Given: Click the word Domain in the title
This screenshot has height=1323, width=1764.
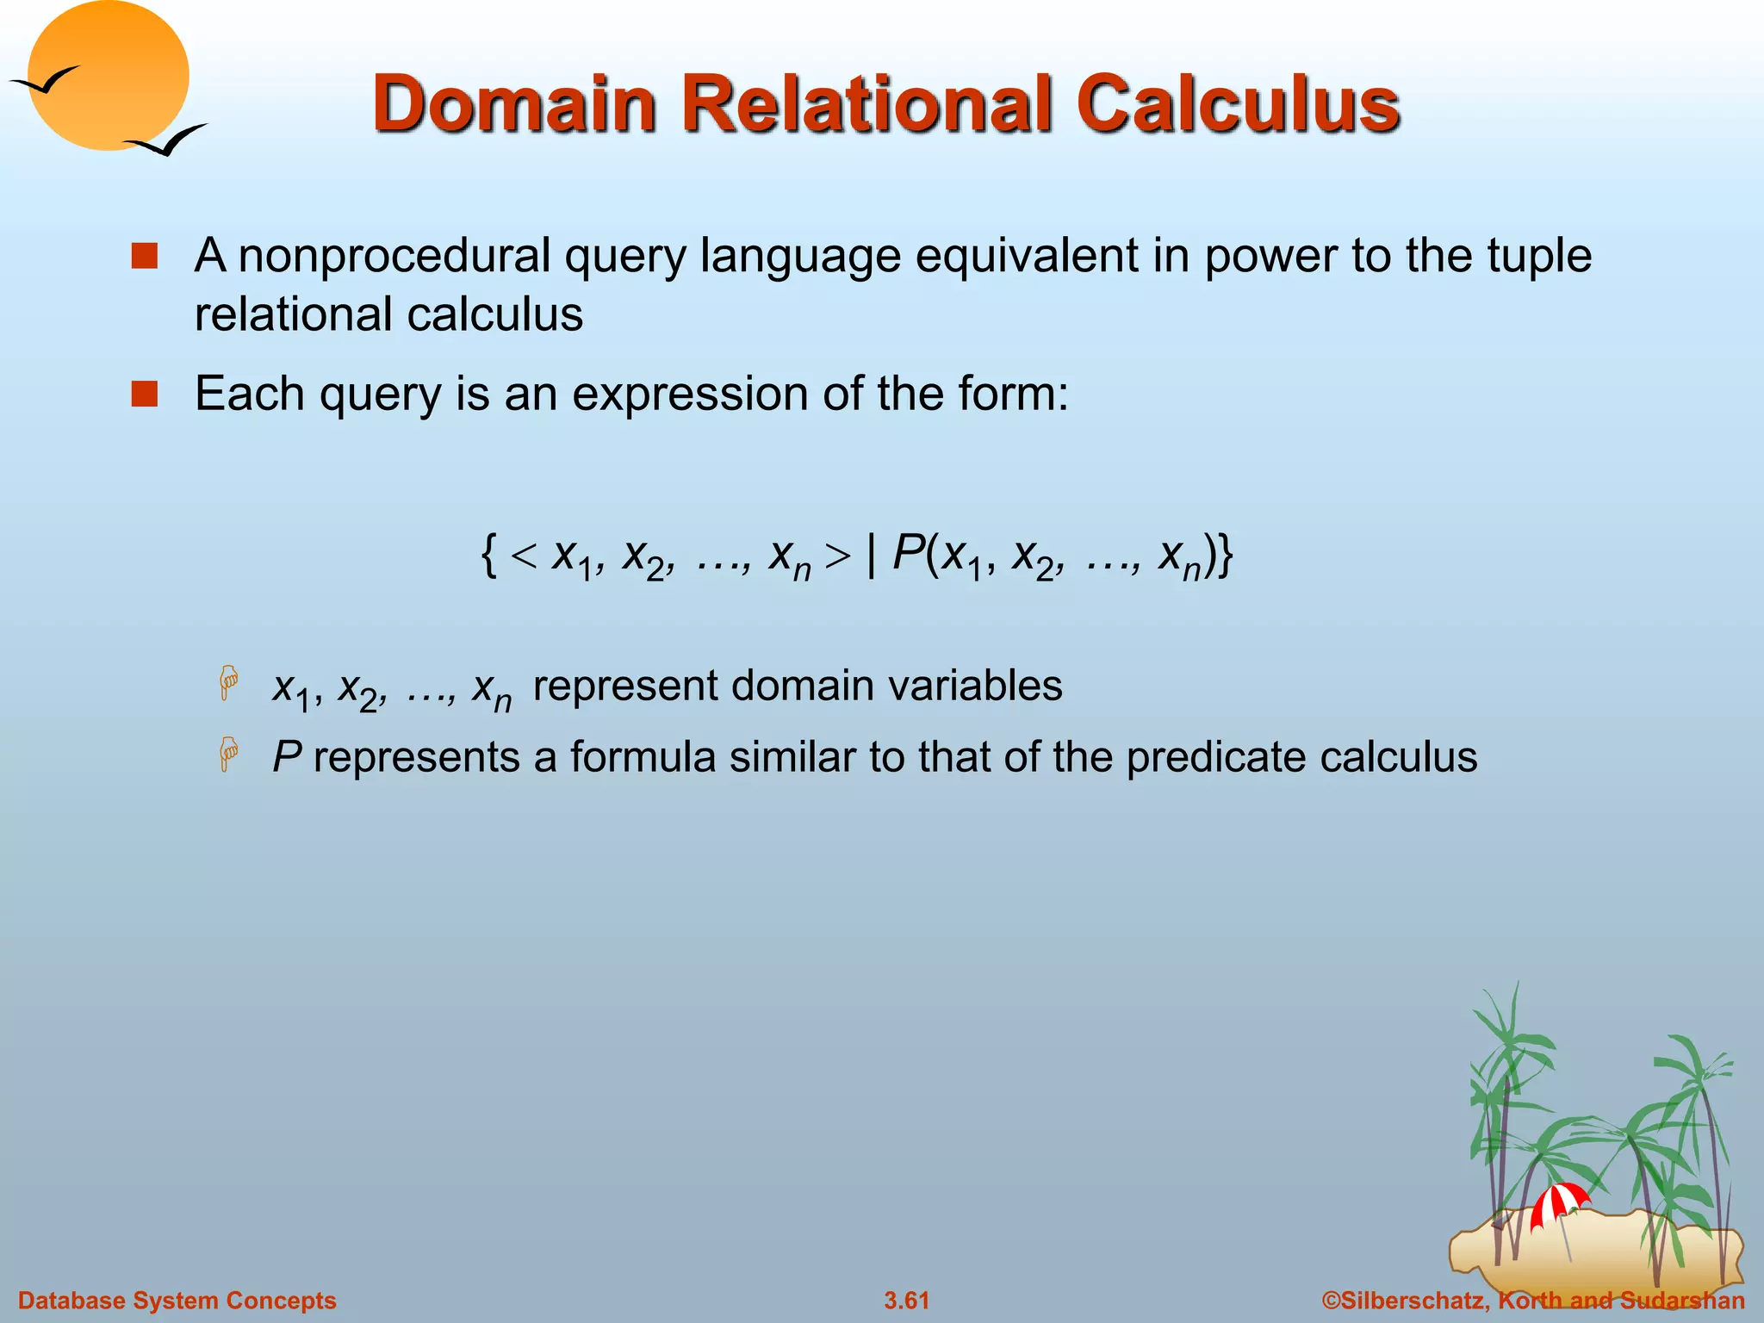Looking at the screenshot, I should point(515,105).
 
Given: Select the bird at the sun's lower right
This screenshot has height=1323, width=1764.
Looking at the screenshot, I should point(167,140).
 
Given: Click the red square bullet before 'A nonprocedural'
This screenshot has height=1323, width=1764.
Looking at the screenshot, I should point(145,257).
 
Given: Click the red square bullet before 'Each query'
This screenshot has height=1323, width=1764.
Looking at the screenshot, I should point(145,394).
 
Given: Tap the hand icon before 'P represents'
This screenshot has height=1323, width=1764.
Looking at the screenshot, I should point(228,755).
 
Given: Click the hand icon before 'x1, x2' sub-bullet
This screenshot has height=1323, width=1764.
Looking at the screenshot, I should point(228,683).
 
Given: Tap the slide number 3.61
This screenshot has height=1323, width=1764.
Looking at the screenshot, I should point(906,1301).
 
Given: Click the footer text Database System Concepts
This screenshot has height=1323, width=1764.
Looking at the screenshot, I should point(177,1301).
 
